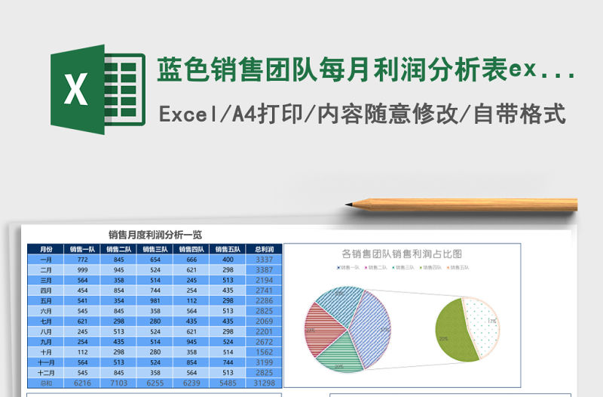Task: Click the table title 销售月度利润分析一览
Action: pyautogui.click(x=155, y=235)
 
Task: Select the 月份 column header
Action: pyautogui.click(x=46, y=249)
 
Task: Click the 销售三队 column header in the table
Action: pyautogui.click(x=155, y=249)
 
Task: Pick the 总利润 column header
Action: pyautogui.click(x=264, y=249)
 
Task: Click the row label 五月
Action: pyautogui.click(x=46, y=300)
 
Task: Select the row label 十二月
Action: pyautogui.click(x=46, y=372)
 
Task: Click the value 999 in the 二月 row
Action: pyautogui.click(x=83, y=269)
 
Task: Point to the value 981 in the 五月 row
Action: pyautogui.click(x=155, y=300)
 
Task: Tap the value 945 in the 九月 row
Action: pyautogui.click(x=191, y=341)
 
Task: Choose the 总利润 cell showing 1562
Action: pyautogui.click(x=264, y=352)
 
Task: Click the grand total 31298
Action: pyautogui.click(x=264, y=383)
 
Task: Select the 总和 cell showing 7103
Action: pyautogui.click(x=119, y=383)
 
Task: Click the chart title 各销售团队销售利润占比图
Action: pyautogui.click(x=402, y=254)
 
